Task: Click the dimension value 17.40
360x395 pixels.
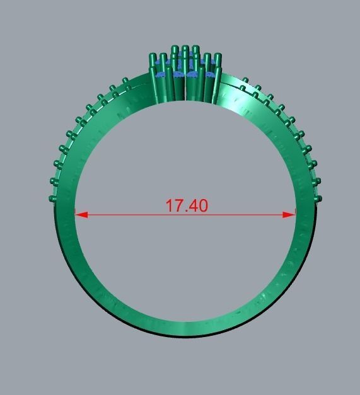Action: [186, 206]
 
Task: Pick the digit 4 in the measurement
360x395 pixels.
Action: [192, 206]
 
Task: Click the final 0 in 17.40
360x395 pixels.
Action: [202, 206]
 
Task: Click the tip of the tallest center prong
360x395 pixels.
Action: [185, 48]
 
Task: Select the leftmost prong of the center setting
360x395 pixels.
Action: [152, 59]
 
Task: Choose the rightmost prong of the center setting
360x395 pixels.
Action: [218, 59]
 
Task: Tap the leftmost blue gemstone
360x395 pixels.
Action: [161, 75]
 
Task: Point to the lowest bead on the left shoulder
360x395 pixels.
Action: [52, 198]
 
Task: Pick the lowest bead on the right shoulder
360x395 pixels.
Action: [319, 198]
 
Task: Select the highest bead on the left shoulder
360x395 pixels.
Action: [125, 81]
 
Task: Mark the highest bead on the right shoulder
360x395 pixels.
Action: [245, 81]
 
